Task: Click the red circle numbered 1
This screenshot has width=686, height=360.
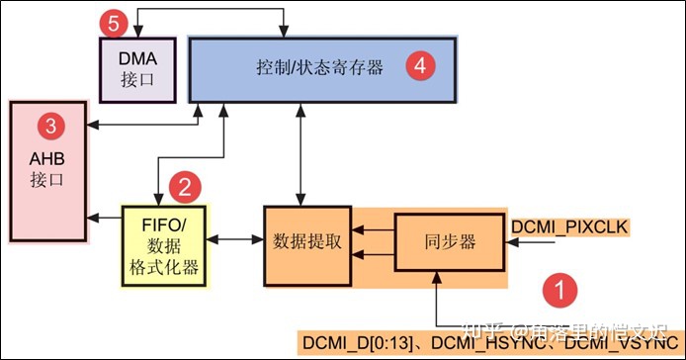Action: click(559, 290)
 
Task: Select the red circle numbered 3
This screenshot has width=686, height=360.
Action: click(47, 126)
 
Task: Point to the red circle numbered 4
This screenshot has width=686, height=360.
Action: click(420, 66)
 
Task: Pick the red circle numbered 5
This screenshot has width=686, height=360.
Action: click(116, 20)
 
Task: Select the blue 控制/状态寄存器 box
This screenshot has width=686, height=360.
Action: click(321, 69)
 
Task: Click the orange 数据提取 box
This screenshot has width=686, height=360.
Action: click(307, 246)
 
